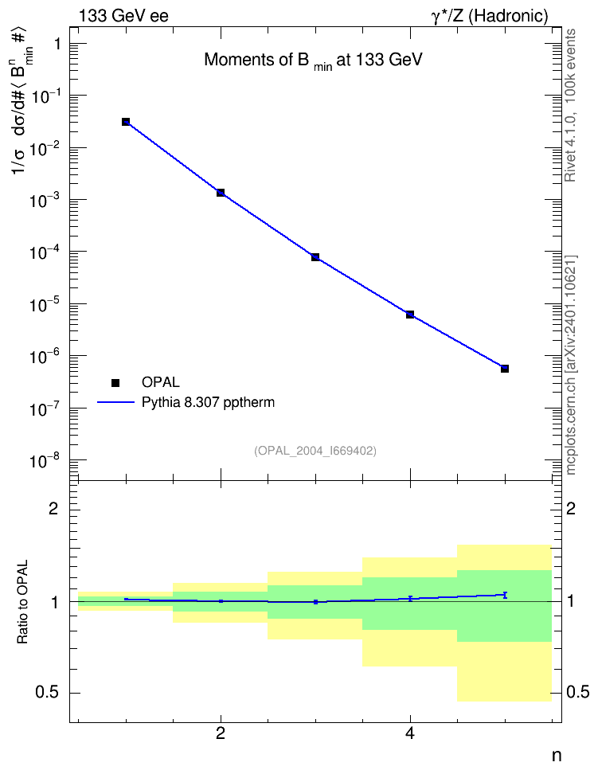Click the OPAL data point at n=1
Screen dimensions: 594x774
coord(126,122)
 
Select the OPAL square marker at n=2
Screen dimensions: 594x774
coord(221,193)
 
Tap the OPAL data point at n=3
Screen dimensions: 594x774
coord(315,257)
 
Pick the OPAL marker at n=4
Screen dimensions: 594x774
coord(410,315)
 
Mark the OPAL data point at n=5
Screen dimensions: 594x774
coord(505,369)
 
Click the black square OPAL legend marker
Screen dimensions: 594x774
coord(115,382)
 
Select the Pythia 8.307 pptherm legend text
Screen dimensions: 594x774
coord(208,403)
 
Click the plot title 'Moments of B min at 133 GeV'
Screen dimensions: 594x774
coord(313,61)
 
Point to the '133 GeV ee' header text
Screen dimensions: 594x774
coord(123,16)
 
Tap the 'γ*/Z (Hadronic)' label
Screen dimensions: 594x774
coord(490,16)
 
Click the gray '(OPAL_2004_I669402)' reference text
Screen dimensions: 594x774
coord(315,451)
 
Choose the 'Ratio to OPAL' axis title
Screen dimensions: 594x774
coord(22,602)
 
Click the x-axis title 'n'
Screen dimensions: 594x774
coord(557,755)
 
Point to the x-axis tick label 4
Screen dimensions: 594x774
coord(410,733)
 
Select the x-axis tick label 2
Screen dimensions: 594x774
coord(221,733)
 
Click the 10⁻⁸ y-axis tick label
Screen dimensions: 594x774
coord(46,460)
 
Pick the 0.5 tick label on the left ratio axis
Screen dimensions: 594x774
coord(48,693)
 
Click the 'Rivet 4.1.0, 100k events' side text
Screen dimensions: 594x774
coord(570,105)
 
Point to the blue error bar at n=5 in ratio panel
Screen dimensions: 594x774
coord(505,595)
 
